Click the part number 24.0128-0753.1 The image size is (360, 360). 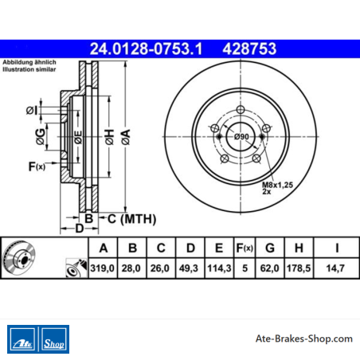pos(146,49)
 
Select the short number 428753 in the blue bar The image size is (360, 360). pos(249,49)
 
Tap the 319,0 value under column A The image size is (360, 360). pos(102,268)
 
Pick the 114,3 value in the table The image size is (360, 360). pos(219,268)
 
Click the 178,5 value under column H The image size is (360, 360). pos(299,268)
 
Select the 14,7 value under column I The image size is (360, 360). pos(335,268)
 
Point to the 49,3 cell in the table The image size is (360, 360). pos(189,268)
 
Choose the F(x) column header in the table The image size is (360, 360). pos(245,248)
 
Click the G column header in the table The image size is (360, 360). pos(270,248)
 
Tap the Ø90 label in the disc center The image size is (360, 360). pos(241,137)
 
